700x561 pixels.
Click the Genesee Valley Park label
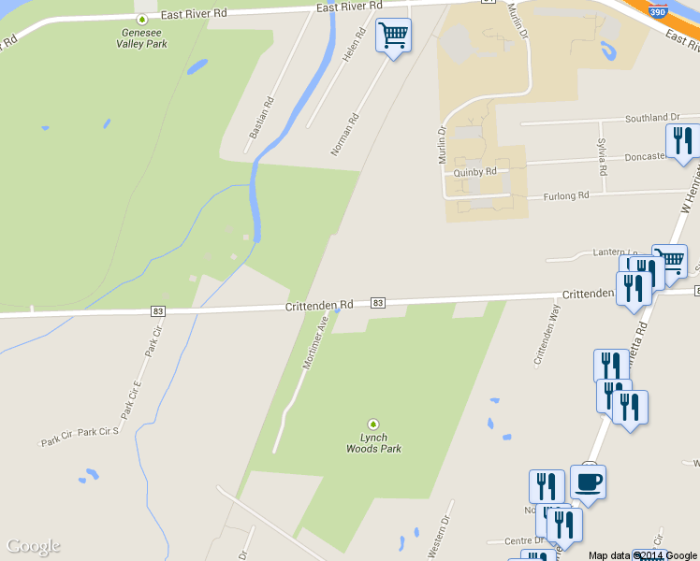(x=142, y=36)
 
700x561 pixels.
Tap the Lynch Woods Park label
(x=373, y=443)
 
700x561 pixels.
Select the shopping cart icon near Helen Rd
(x=393, y=36)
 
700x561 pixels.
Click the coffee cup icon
(x=588, y=482)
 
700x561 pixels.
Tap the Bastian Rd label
(x=262, y=118)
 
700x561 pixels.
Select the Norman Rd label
(x=345, y=134)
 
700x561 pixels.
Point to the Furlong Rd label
(x=566, y=195)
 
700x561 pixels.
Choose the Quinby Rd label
(x=474, y=172)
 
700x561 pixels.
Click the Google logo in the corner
(x=33, y=546)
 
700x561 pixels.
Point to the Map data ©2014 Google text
(x=643, y=555)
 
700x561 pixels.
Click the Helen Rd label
(x=354, y=44)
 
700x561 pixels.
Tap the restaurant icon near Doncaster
(x=682, y=141)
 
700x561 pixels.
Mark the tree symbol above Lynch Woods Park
(x=373, y=424)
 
